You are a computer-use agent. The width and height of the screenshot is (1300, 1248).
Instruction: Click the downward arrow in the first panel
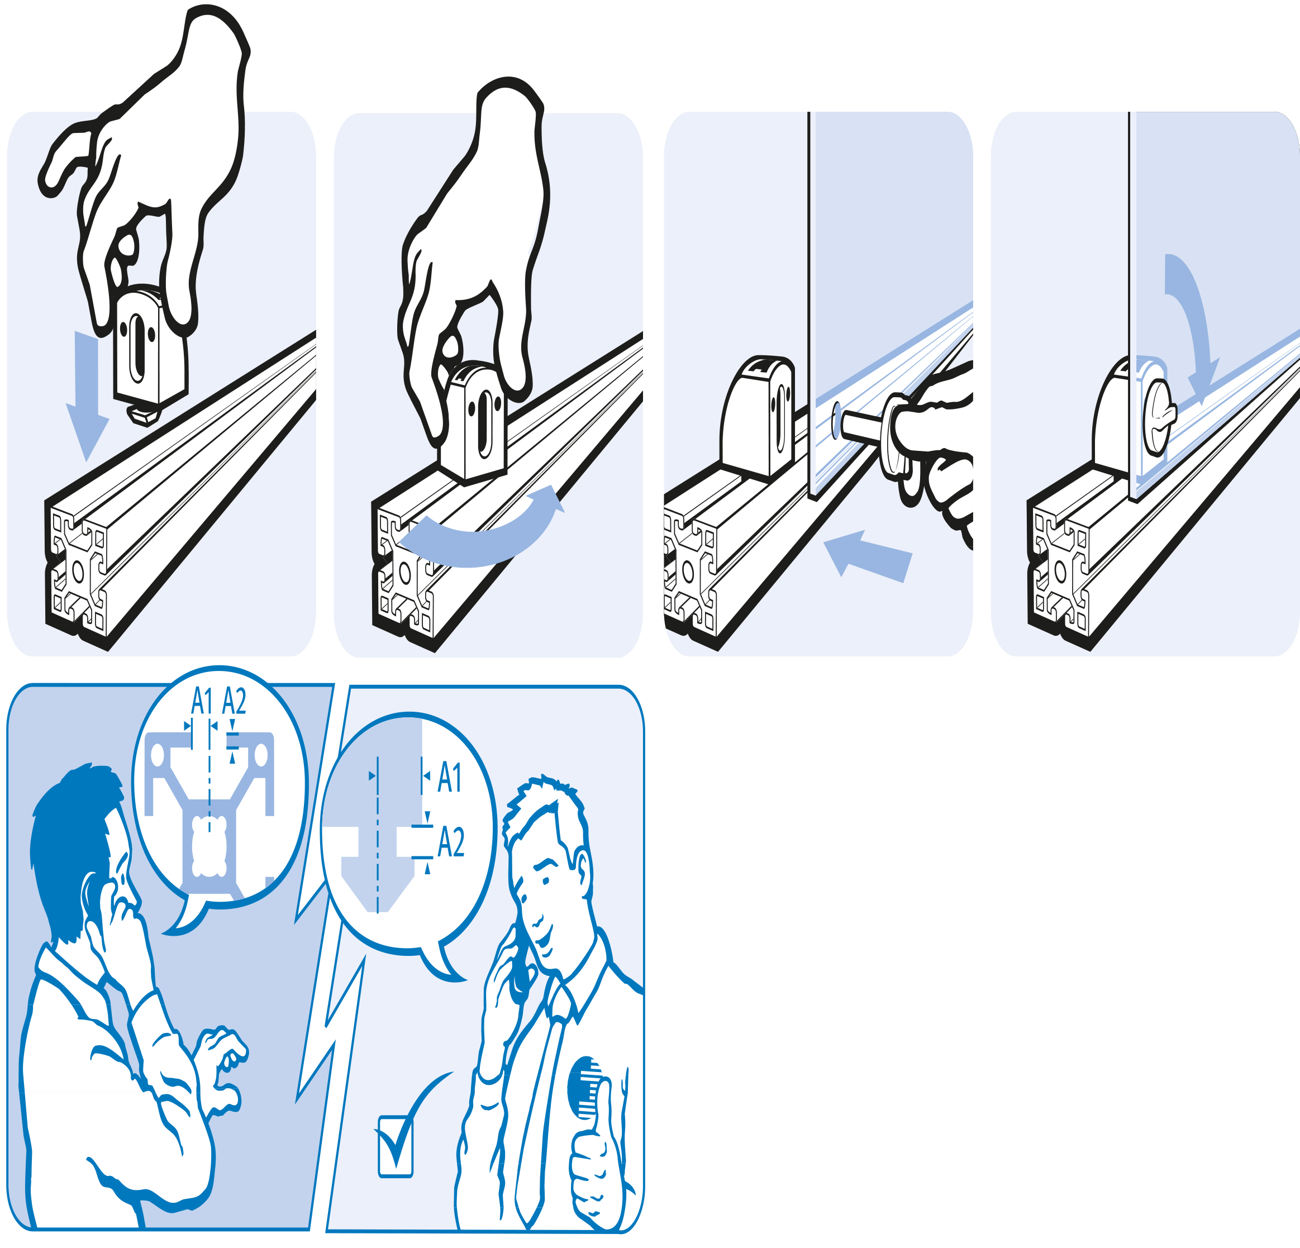pyautogui.click(x=87, y=391)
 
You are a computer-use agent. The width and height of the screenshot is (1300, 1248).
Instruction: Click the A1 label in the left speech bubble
pyautogui.click(x=202, y=702)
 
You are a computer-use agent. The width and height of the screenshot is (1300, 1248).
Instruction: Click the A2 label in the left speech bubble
pyautogui.click(x=234, y=702)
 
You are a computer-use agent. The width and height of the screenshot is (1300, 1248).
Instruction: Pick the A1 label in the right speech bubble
pyautogui.click(x=450, y=777)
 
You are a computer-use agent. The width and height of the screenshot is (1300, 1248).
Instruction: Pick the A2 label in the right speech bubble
pyautogui.click(x=451, y=843)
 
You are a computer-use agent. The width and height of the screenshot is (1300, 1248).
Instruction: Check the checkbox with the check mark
pyautogui.click(x=396, y=1146)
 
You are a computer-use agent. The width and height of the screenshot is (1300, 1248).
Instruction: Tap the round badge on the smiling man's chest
pyautogui.click(x=587, y=1088)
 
